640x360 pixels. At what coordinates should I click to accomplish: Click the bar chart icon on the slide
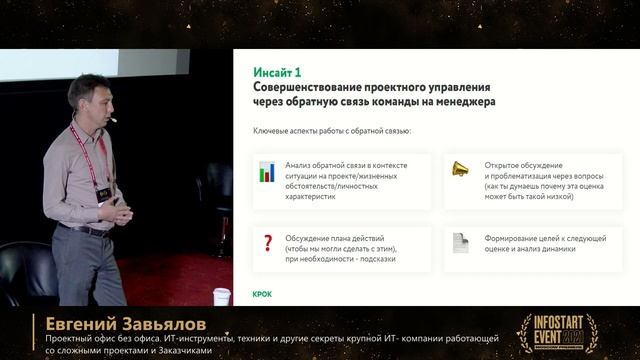point(267,171)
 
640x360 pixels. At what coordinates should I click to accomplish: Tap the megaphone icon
point(460,169)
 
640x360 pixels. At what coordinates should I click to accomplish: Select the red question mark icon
point(267,242)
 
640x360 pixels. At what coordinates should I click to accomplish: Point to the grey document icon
point(460,242)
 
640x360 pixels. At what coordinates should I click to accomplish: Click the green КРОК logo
point(262,294)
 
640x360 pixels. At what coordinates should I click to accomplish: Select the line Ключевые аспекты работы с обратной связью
point(331,130)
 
